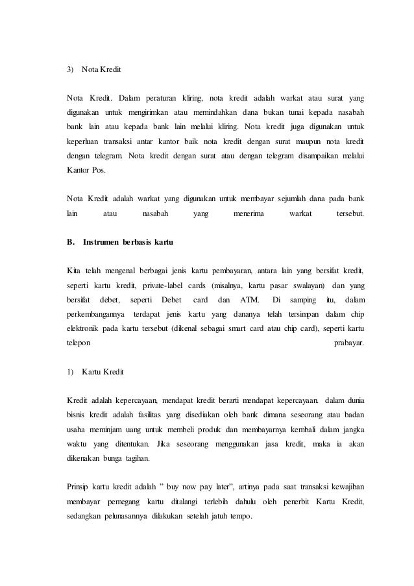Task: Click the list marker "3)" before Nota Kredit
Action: (71, 69)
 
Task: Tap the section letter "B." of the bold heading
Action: (71, 242)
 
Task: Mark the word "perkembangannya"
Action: (99, 315)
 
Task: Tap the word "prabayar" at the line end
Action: (348, 343)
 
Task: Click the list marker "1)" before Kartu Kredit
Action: (71, 372)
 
